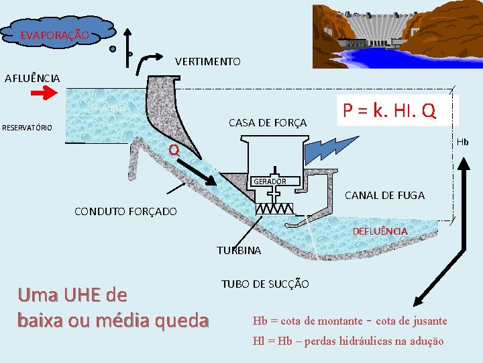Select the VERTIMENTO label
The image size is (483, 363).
[x=207, y=62]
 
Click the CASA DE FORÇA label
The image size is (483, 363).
[x=267, y=123]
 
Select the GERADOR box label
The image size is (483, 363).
[x=269, y=182]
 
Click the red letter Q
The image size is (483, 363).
[x=174, y=151]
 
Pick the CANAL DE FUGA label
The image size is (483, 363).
[x=384, y=196]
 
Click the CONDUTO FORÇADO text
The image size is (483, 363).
[x=125, y=212]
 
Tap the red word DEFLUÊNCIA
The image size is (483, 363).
[x=380, y=231]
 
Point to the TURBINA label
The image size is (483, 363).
[x=239, y=251]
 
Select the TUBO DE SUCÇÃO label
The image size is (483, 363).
[x=265, y=284]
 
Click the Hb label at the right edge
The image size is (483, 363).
[x=463, y=142]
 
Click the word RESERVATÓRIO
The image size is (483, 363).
[x=28, y=128]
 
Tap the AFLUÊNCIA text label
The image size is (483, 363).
[x=32, y=78]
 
